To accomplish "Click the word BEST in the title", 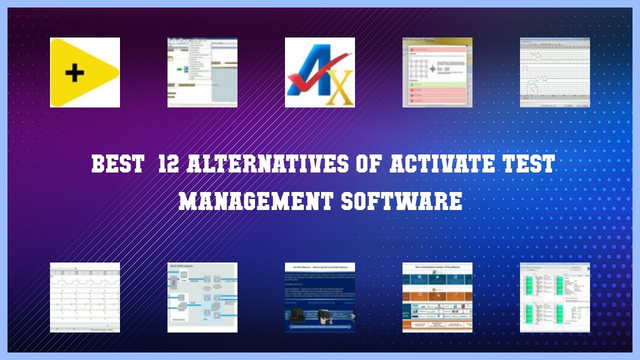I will (118, 164).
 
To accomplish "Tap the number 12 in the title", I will (168, 164).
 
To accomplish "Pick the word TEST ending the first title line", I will (530, 164).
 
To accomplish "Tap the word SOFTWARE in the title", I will (402, 201).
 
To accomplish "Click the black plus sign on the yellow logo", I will (74, 73).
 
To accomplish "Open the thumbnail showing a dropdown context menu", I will (202, 72).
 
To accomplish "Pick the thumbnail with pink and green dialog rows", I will (437, 72).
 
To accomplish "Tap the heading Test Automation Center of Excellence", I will (437, 267).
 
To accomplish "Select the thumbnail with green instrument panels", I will (554, 297).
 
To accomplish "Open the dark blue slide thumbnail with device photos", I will (319, 297).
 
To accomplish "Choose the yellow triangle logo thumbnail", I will (84, 72).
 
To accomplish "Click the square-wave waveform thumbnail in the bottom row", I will (84, 297).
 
